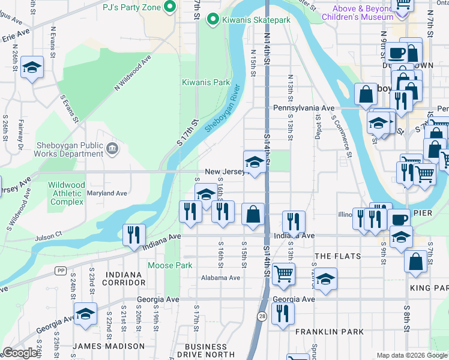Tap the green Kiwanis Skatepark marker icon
click(212, 20)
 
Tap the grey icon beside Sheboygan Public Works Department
click(112, 148)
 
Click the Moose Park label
click(170, 265)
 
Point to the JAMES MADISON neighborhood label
click(109, 346)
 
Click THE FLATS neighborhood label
click(338, 256)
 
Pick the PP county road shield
click(60, 271)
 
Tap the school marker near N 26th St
click(32, 68)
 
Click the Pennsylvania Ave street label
click(303, 108)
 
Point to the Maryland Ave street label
click(107, 194)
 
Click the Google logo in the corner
click(20, 353)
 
